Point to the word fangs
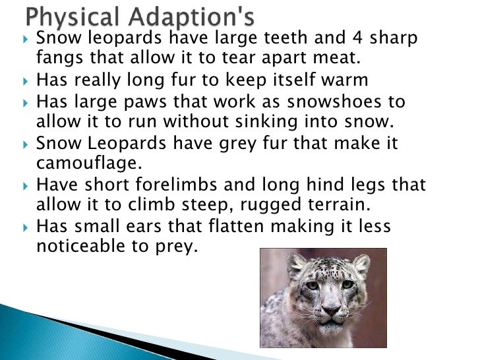point(58,59)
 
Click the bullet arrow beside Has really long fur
point(25,82)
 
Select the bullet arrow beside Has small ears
point(25,227)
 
